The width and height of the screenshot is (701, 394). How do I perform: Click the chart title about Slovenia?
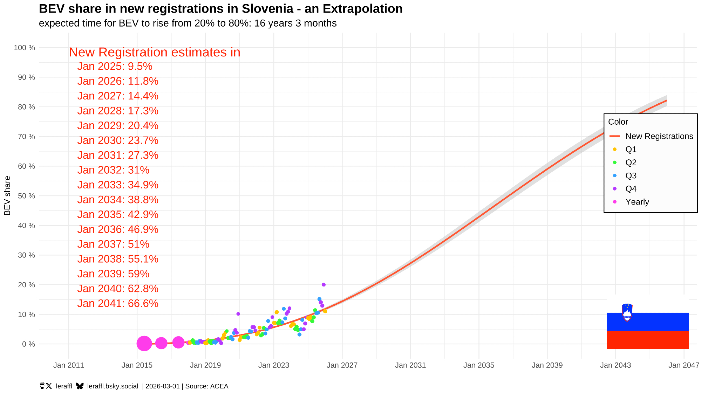[220, 9]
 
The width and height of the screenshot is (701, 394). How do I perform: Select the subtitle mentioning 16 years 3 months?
[188, 23]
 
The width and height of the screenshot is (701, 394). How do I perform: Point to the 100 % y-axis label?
[25, 48]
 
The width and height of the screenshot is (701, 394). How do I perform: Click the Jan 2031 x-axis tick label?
[410, 365]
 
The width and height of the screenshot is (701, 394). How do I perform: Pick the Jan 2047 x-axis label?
[683, 365]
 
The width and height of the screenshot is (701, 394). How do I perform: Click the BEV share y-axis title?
[7, 196]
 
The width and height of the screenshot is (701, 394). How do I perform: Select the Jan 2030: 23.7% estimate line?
[118, 140]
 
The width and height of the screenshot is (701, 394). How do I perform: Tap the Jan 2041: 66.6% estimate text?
[118, 303]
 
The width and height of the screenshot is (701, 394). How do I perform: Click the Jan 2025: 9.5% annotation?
[115, 67]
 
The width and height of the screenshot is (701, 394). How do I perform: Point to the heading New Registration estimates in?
[154, 52]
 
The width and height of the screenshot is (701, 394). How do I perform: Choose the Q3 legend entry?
[631, 176]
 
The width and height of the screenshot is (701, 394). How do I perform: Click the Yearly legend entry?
[637, 202]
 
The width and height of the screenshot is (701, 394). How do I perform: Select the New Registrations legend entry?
[659, 136]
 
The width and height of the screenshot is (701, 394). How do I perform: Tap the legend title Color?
[618, 122]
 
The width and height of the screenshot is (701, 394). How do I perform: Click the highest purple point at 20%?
[324, 285]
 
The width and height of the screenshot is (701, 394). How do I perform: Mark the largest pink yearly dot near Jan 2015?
[144, 344]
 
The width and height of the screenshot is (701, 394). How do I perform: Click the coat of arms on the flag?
[627, 312]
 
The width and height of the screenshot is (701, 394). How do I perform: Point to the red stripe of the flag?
[647, 340]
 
